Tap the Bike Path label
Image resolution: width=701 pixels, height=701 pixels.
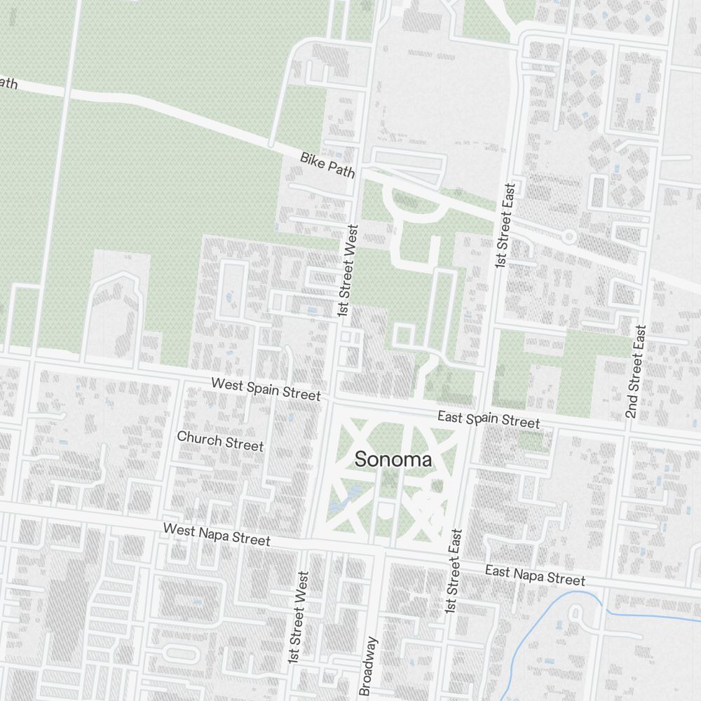click(328, 165)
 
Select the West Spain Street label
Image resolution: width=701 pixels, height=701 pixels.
click(266, 389)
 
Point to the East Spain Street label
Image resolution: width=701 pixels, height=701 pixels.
click(489, 419)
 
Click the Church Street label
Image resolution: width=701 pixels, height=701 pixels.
click(220, 441)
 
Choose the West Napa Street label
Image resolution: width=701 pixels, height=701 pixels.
click(216, 533)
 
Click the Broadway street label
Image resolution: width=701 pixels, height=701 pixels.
click(368, 665)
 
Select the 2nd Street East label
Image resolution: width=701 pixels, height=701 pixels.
click(635, 372)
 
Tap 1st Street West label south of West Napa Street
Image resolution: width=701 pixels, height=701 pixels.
click(297, 618)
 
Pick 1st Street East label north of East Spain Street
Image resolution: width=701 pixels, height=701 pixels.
click(505, 226)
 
